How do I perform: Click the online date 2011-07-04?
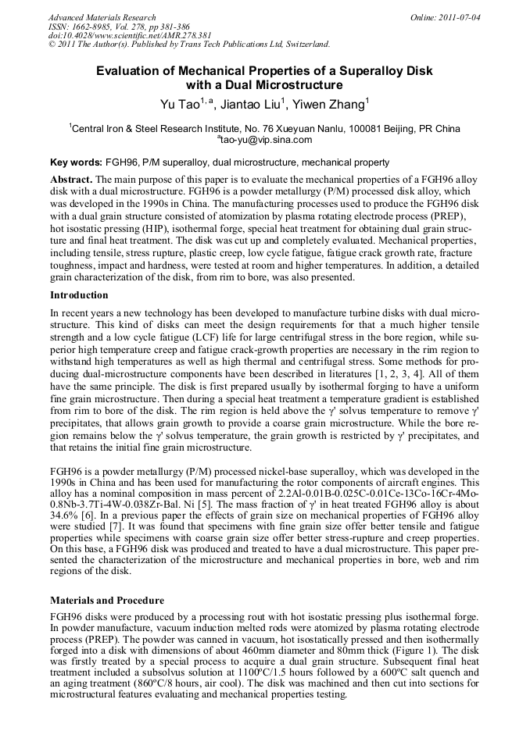point(457,17)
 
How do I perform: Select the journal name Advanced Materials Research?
point(102,17)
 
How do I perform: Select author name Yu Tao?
point(177,105)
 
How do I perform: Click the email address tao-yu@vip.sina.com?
point(266,140)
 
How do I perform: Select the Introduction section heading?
point(79,295)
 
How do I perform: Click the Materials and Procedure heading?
point(107,601)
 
